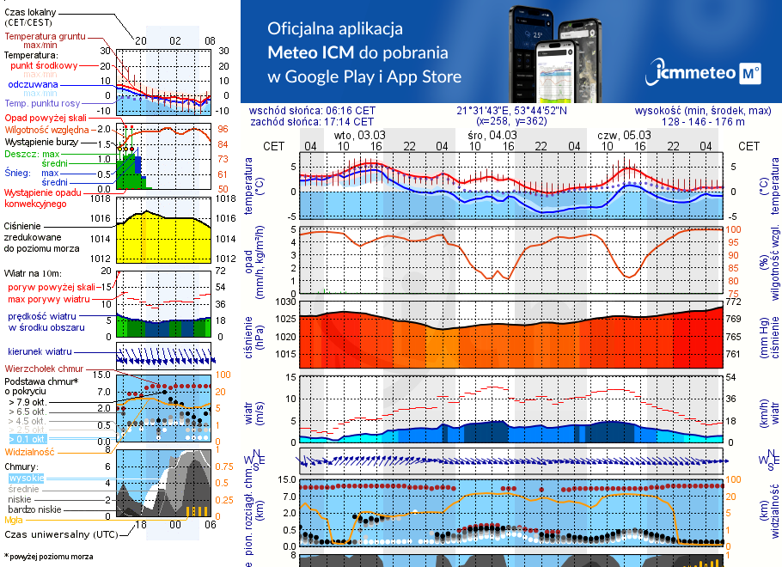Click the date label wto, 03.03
(x=359, y=135)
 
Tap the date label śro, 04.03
(x=492, y=135)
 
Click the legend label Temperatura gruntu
(x=44, y=37)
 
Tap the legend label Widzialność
(x=30, y=451)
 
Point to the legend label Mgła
(x=14, y=520)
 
